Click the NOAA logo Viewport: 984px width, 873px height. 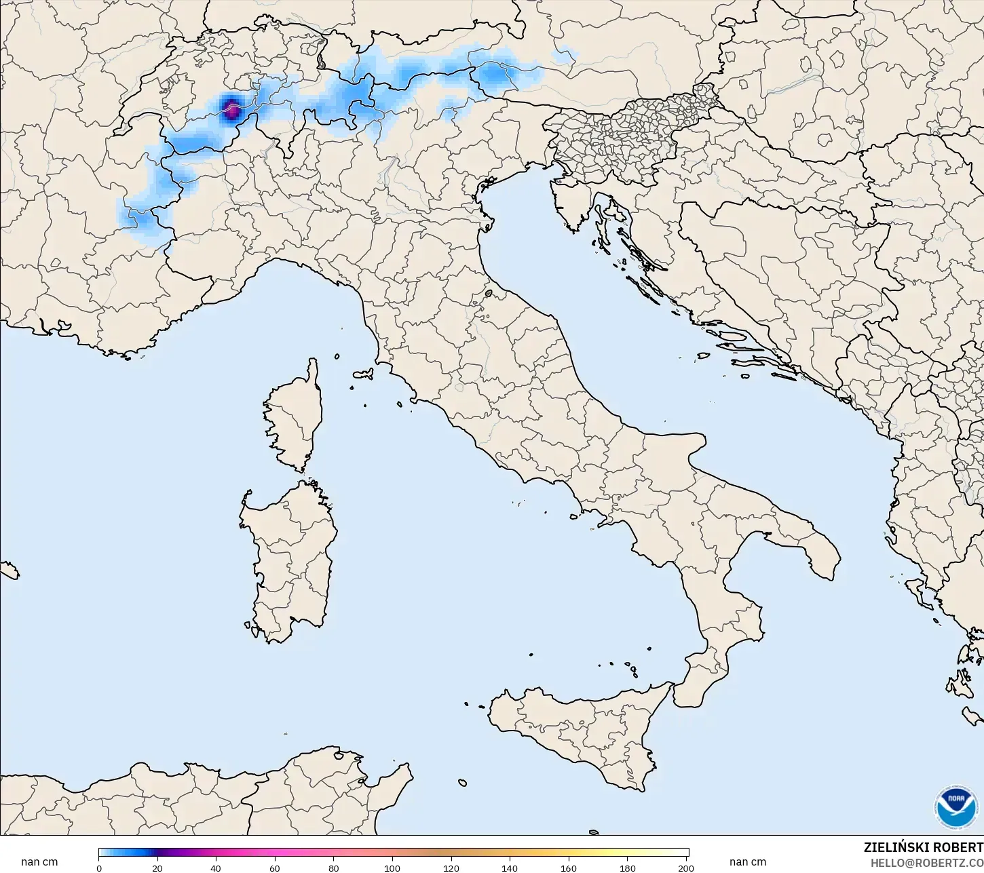click(956, 808)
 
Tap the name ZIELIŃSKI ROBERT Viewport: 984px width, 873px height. click(923, 848)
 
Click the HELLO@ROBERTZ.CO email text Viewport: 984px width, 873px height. click(927, 863)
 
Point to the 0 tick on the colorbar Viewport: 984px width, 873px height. click(99, 868)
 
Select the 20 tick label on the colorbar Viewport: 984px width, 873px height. click(157, 868)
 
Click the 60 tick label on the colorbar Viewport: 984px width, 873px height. click(275, 868)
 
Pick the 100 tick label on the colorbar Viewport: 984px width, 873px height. click(392, 868)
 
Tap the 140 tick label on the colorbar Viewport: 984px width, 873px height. click(510, 868)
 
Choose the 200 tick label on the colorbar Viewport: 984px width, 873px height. click(685, 868)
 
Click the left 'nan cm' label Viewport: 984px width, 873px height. click(39, 862)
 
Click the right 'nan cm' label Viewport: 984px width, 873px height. click(748, 862)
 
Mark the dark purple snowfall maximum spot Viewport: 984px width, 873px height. click(231, 108)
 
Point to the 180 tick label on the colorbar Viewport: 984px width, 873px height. click(628, 868)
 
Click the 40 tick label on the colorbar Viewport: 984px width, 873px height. click(216, 868)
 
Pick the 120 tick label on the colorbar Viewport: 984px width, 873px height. click(451, 868)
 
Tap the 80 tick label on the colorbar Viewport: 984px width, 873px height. click(334, 868)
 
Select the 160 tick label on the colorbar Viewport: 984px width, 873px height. click(569, 868)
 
